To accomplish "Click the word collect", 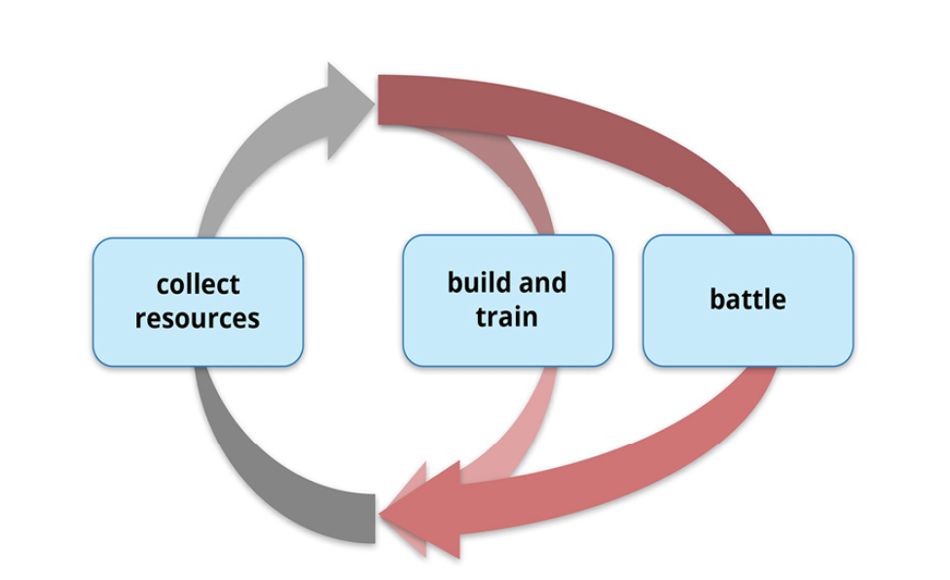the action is click(x=199, y=284).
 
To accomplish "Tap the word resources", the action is click(x=198, y=319).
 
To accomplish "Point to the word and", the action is click(x=541, y=283).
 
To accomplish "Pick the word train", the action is click(x=506, y=317).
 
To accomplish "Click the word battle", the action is click(x=748, y=299).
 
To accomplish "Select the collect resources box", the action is click(x=199, y=302).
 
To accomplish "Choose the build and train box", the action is click(x=508, y=301).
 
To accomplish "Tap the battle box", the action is click(x=749, y=301).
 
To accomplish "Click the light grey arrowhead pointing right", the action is click(x=349, y=109).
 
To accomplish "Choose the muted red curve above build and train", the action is click(x=515, y=169).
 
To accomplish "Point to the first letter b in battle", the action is click(x=717, y=299).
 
